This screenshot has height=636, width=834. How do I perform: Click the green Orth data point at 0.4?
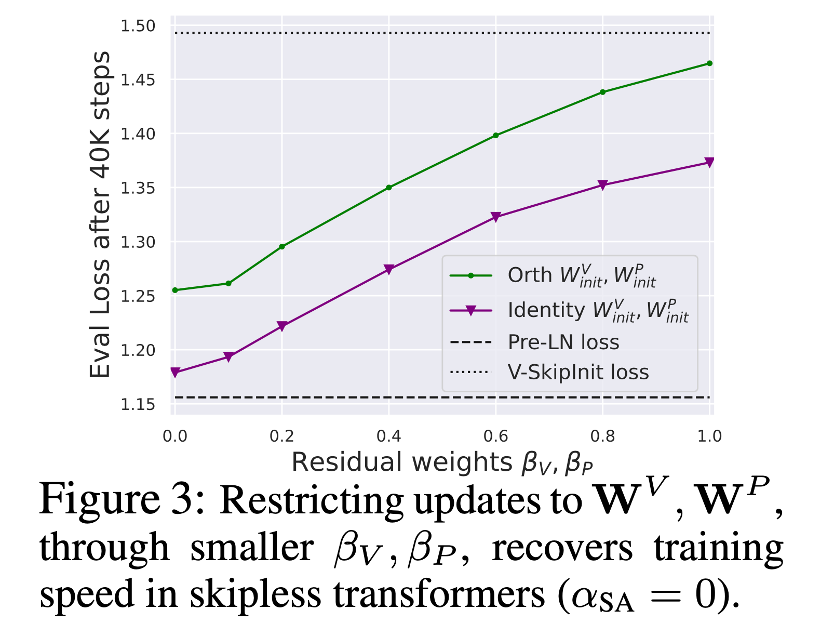(x=389, y=188)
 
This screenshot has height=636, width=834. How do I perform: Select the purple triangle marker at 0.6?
(x=496, y=217)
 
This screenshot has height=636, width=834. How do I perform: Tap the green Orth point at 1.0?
(x=710, y=63)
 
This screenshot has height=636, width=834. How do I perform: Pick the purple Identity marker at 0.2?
(x=282, y=326)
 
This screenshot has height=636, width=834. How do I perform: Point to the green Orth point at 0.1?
(x=228, y=283)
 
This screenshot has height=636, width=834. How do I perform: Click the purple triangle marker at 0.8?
(x=603, y=185)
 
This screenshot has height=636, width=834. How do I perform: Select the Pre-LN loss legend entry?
(x=563, y=342)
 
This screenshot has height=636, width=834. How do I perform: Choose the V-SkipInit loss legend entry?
(x=578, y=373)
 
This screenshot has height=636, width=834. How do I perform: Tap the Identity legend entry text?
(x=598, y=311)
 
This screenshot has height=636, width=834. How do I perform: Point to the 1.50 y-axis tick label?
(x=138, y=26)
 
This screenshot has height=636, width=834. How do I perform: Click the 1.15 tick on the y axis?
(x=138, y=404)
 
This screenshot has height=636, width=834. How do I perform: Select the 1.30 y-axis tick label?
(x=138, y=242)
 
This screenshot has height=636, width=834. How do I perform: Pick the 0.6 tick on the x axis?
(x=496, y=436)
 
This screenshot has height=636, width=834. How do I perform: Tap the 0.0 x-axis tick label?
(x=175, y=436)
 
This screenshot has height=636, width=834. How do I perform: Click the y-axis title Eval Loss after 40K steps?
(x=100, y=215)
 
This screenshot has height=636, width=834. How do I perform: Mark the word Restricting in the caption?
(x=311, y=500)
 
